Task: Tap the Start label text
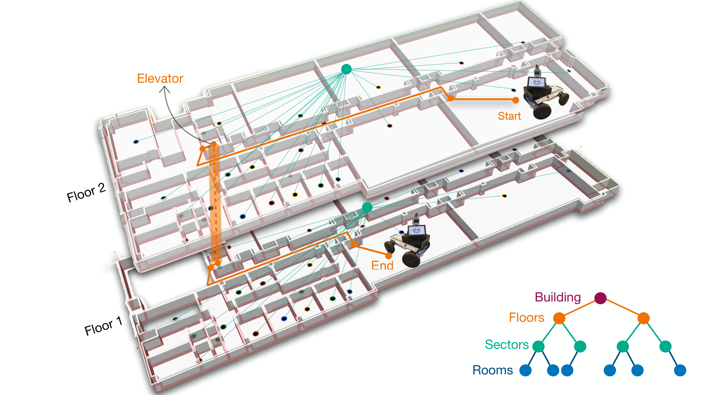(x=509, y=116)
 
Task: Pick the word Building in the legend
(x=558, y=297)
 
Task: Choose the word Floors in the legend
(x=526, y=318)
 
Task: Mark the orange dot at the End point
(x=389, y=256)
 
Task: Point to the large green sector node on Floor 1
(x=367, y=207)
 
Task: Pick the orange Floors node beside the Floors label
(x=559, y=318)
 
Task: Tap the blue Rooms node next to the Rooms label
(x=525, y=370)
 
